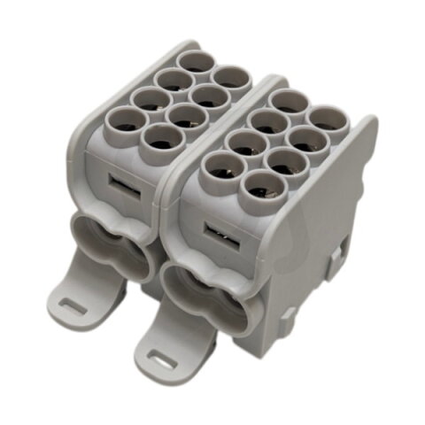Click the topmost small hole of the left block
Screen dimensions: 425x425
point(194,63)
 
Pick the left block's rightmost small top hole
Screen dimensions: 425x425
point(228,78)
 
